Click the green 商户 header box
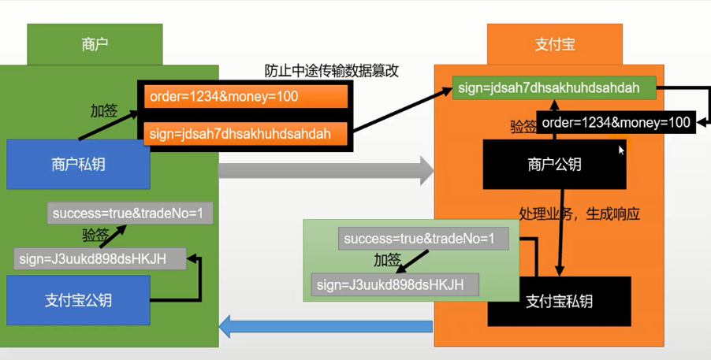95,44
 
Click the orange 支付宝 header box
555,44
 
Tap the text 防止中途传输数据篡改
332,71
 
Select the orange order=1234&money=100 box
245,96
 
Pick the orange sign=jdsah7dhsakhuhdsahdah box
245,133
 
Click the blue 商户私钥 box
78,165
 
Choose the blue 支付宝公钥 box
78,300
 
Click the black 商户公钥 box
555,165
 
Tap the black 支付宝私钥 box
560,301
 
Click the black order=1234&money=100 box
616,122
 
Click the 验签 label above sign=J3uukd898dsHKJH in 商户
95,235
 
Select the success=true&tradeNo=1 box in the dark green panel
131,213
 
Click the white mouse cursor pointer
621,149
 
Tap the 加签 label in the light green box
388,260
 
